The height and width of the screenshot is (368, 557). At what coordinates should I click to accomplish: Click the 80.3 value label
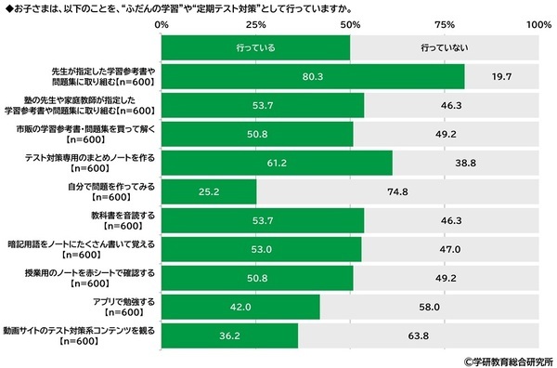313,76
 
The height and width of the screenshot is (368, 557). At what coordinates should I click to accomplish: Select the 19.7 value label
501,76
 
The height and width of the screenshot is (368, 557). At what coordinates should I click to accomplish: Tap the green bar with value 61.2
277,163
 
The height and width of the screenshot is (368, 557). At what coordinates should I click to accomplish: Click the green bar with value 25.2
209,191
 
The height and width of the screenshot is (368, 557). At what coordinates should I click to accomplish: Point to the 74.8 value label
397,191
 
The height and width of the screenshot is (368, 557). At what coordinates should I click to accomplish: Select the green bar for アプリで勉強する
240,307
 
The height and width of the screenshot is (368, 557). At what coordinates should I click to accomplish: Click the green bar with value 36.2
229,335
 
